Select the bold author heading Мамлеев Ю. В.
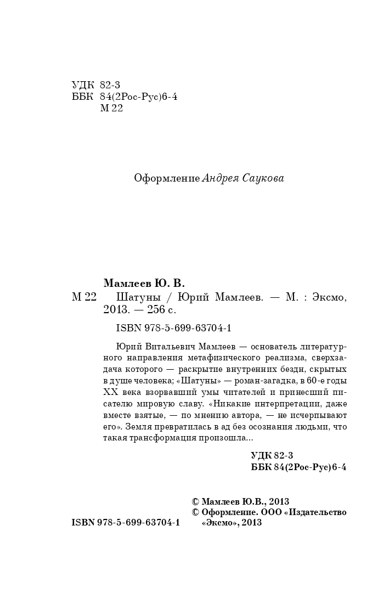144,283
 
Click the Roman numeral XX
110,392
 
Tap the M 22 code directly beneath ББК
112,108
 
